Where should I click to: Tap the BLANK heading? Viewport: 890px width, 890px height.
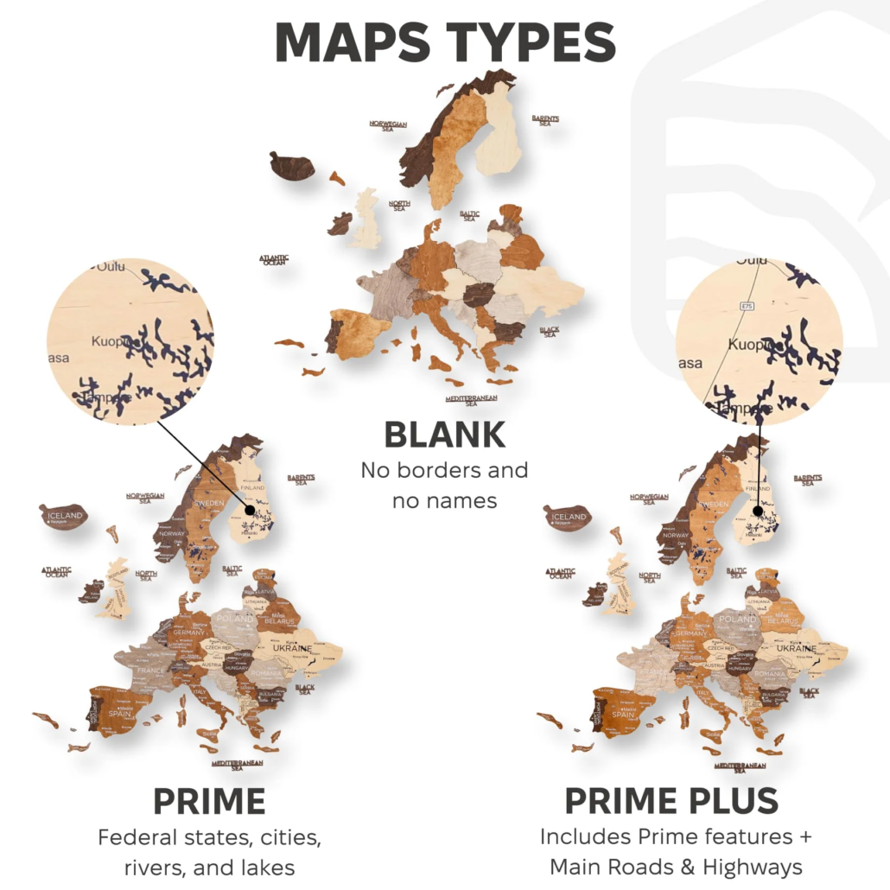click(444, 435)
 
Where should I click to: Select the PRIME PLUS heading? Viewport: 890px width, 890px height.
click(671, 802)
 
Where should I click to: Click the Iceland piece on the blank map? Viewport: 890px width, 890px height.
click(292, 165)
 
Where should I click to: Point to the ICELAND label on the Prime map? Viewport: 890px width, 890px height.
click(65, 516)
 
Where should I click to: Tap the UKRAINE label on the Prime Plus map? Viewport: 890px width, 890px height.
click(795, 648)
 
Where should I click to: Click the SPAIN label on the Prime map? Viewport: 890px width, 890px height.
click(119, 714)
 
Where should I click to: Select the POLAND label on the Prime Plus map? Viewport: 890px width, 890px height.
click(738, 620)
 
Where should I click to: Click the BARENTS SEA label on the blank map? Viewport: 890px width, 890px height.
click(545, 120)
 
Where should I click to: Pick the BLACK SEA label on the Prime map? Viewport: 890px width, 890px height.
click(305, 690)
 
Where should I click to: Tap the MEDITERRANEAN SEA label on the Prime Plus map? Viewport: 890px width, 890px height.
click(741, 766)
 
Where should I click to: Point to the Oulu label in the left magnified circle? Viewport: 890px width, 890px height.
click(111, 266)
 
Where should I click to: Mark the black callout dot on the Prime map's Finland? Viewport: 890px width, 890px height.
click(250, 510)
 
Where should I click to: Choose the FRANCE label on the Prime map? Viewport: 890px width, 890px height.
click(150, 671)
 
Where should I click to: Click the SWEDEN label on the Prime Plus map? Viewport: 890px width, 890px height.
click(711, 503)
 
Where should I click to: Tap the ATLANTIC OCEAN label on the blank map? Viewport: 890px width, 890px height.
click(274, 258)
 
